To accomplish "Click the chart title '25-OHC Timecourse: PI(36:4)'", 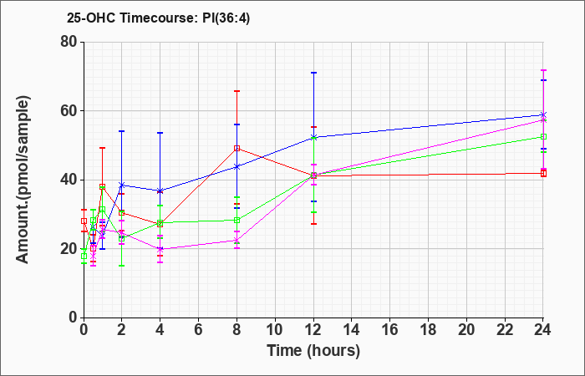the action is click(158, 18).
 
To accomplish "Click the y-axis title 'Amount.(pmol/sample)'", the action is click(23, 180).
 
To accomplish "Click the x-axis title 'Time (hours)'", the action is click(313, 351).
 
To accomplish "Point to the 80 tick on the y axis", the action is click(69, 42).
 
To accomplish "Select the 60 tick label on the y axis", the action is click(69, 111).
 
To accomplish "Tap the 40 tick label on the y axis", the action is click(69, 180).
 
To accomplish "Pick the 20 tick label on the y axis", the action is click(69, 249).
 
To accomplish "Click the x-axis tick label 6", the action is click(199, 330).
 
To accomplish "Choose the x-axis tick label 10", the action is click(275, 330).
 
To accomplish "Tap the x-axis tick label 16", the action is click(390, 330).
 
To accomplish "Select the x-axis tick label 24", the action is click(543, 330).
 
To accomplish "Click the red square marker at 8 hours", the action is click(237, 148).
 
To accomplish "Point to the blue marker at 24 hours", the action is click(543, 115).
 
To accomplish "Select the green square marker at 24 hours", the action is click(543, 137).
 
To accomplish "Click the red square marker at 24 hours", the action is click(543, 174).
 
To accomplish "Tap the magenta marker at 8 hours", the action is click(237, 241).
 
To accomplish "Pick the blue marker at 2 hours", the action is click(122, 185).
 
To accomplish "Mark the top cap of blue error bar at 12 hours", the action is click(313, 73).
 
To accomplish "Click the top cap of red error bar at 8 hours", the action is click(237, 91).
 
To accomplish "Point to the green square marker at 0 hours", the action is click(84, 257).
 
